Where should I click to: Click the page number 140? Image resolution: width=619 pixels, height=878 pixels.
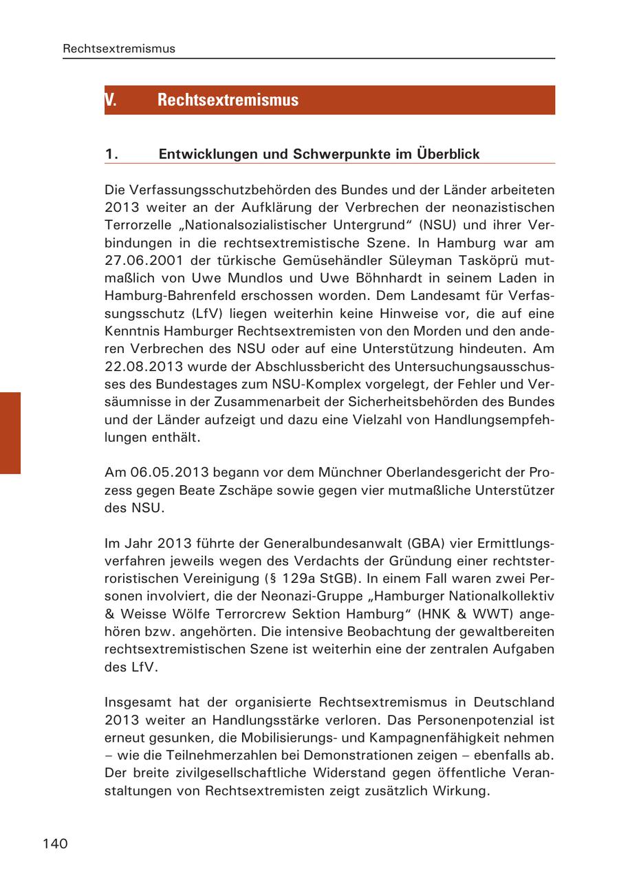point(55,844)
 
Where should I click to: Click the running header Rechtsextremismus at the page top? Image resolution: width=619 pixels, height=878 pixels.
point(119,48)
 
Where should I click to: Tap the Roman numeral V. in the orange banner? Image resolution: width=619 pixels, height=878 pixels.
point(110,100)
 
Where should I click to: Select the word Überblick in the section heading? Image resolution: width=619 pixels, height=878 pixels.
point(448,154)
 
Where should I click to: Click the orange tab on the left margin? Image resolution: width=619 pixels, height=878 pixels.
point(10,433)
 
